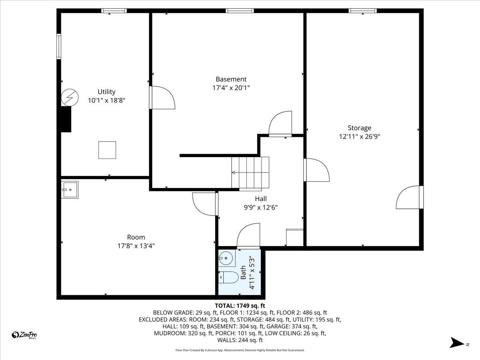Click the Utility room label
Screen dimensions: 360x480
(x=106, y=92)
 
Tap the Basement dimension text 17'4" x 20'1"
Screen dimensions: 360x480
(x=231, y=88)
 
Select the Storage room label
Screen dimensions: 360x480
(x=359, y=128)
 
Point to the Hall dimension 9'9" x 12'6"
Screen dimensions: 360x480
(x=261, y=207)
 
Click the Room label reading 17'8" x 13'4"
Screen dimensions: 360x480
(x=136, y=246)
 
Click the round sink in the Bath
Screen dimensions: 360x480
(x=227, y=258)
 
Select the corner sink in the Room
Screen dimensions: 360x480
(x=70, y=190)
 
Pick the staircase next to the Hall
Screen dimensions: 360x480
(x=250, y=173)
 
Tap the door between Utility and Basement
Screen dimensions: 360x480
(x=162, y=97)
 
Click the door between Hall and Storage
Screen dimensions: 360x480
(x=316, y=170)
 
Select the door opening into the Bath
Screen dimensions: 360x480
(x=248, y=237)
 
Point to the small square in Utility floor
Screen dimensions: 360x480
(x=107, y=150)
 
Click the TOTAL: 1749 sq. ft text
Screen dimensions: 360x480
(x=240, y=306)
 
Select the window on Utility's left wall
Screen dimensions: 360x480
(x=59, y=47)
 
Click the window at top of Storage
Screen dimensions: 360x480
(x=362, y=11)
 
